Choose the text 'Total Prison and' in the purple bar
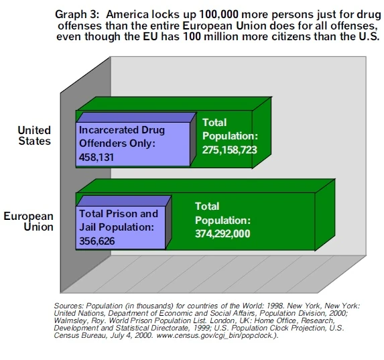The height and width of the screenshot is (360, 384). click(119, 214)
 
